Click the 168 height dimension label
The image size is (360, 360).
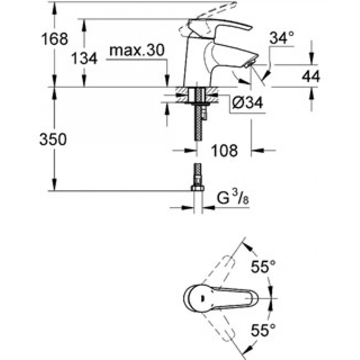tap(55, 39)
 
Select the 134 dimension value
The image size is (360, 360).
tap(84, 58)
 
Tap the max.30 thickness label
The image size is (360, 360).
tap(137, 50)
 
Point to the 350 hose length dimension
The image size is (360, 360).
tap(53, 139)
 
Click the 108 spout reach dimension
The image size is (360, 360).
tap(224, 150)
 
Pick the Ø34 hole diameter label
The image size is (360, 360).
tap(248, 102)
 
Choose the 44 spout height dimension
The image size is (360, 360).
tap(311, 76)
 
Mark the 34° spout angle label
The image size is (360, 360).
tap(282, 38)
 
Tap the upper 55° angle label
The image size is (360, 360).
tap(263, 266)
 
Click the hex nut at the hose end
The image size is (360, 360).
tap(197, 189)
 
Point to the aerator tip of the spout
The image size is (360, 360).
tap(248, 64)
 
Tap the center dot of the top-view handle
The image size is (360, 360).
tap(202, 298)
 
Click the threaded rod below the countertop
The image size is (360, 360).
tap(198, 115)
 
